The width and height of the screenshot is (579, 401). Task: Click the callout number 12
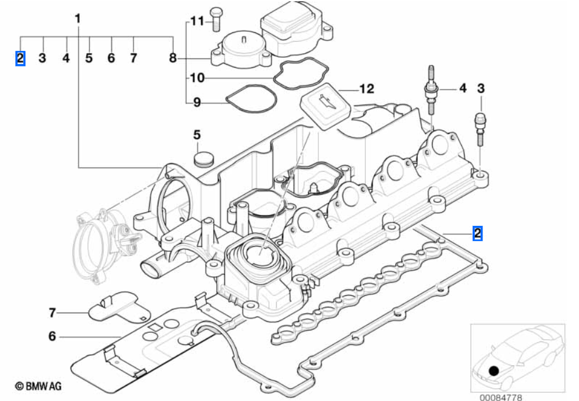366,89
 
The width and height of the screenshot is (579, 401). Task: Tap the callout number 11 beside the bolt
197,21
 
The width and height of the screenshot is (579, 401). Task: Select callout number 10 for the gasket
197,77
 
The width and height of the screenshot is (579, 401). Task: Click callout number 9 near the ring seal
196,103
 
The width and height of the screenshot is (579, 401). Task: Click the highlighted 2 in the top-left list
20,58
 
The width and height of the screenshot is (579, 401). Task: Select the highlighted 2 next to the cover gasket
477,233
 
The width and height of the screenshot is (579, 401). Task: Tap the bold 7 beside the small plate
53,313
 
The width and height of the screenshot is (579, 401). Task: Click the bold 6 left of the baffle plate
53,336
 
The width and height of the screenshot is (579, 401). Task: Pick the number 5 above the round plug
197,135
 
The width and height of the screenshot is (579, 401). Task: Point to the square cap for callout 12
325,107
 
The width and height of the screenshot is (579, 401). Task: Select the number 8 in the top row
172,58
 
